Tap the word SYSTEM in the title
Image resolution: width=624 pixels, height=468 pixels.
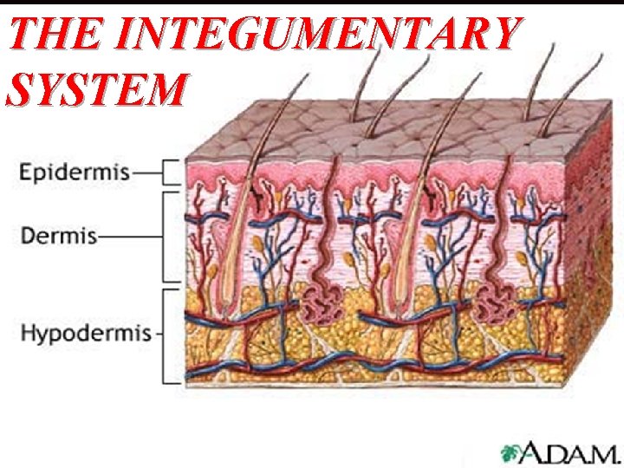coord(95,88)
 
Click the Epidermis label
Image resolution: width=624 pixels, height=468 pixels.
coord(75,172)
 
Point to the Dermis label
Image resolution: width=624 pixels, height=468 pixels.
coord(59,235)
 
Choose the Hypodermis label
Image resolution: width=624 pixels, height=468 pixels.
coord(85,333)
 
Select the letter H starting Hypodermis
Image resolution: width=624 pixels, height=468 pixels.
coord(28,333)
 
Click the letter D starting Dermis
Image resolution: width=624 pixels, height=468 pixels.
coord(27,235)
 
